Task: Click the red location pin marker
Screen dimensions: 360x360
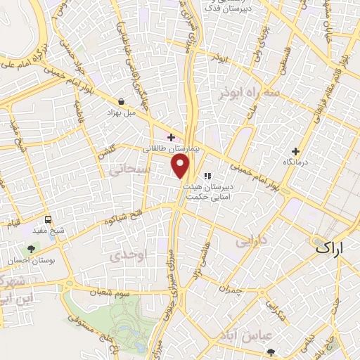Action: (181, 167)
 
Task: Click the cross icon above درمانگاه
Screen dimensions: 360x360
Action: (295, 151)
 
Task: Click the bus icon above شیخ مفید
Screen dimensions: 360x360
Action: (47, 219)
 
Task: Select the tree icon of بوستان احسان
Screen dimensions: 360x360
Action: (31, 248)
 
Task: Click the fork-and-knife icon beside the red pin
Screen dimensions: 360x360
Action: (206, 176)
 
